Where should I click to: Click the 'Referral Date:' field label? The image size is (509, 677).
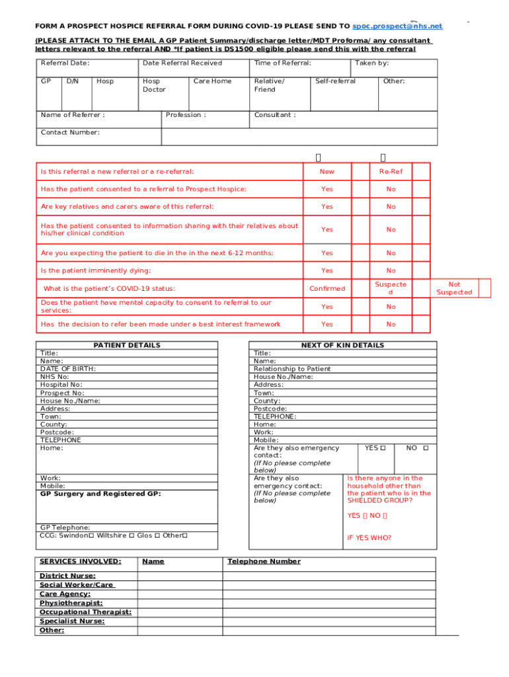[65, 63]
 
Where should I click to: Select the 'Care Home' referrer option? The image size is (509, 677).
[212, 81]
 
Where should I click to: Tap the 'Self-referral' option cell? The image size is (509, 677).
[335, 81]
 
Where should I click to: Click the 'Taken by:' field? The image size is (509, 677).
[372, 63]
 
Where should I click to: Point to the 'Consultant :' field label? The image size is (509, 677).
[274, 115]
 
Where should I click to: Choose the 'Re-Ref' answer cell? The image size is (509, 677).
[391, 172]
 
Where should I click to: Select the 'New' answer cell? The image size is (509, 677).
[327, 172]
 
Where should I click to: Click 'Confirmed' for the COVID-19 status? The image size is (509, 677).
[327, 289]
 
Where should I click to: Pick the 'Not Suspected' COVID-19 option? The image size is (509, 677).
[454, 288]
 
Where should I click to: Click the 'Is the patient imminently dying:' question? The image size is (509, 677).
[96, 271]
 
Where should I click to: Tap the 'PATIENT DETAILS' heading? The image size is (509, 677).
[127, 346]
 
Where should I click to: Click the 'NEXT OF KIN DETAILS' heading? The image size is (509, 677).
[342, 346]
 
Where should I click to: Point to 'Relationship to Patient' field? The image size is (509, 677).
[292, 369]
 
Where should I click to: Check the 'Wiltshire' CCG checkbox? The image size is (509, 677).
[132, 536]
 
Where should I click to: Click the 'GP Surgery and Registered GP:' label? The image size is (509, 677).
[100, 494]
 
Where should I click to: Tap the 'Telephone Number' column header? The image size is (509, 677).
[264, 562]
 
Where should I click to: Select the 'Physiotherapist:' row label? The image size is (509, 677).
[71, 603]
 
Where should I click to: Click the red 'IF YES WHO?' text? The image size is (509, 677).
[369, 538]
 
